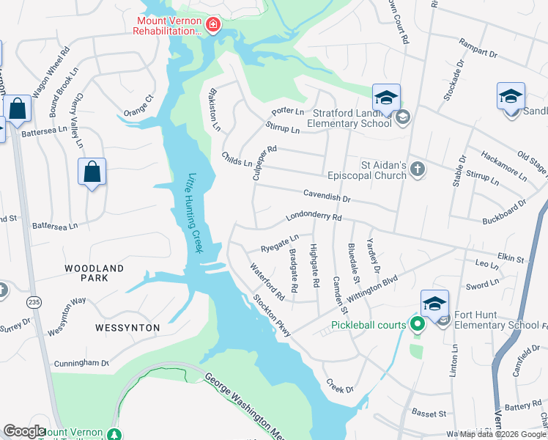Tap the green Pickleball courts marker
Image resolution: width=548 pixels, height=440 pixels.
click(x=418, y=324)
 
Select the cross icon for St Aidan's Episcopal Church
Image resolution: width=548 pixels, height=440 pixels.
click(x=417, y=170)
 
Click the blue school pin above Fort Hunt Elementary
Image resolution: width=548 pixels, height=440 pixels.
click(x=434, y=303)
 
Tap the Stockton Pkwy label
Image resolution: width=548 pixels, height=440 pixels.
click(x=272, y=315)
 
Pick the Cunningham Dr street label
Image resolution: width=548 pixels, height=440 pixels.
click(x=81, y=363)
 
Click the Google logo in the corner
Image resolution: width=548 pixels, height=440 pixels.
click(x=24, y=431)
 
